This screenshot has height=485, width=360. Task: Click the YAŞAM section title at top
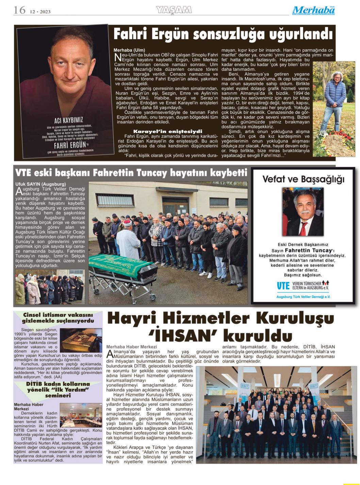(174, 10)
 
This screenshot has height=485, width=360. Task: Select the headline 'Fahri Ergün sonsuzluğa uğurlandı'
(223, 34)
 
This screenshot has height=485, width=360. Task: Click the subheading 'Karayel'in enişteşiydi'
(167, 131)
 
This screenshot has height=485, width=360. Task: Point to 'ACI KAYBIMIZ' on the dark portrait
(68, 120)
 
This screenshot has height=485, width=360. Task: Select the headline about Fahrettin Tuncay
(131, 173)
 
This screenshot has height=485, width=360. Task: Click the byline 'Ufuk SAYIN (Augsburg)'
(41, 184)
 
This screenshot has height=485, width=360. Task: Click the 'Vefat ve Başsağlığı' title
(303, 179)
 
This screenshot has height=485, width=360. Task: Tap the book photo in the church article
(81, 340)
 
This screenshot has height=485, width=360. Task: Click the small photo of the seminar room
(81, 415)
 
